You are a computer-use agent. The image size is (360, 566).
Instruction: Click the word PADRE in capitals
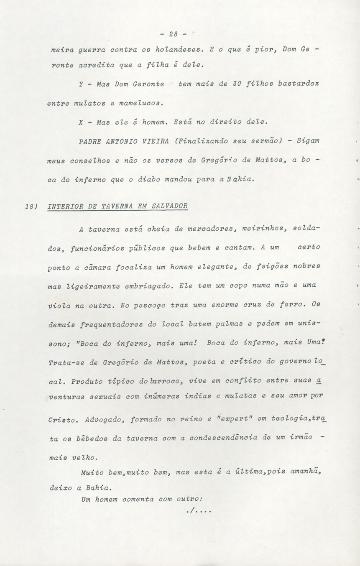pos(91,141)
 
